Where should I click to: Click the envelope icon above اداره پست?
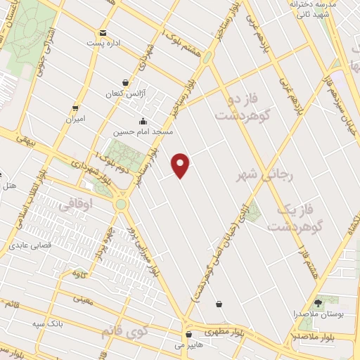coord(103,32)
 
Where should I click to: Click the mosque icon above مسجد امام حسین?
coord(143,120)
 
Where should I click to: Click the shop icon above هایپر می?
coord(188,335)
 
